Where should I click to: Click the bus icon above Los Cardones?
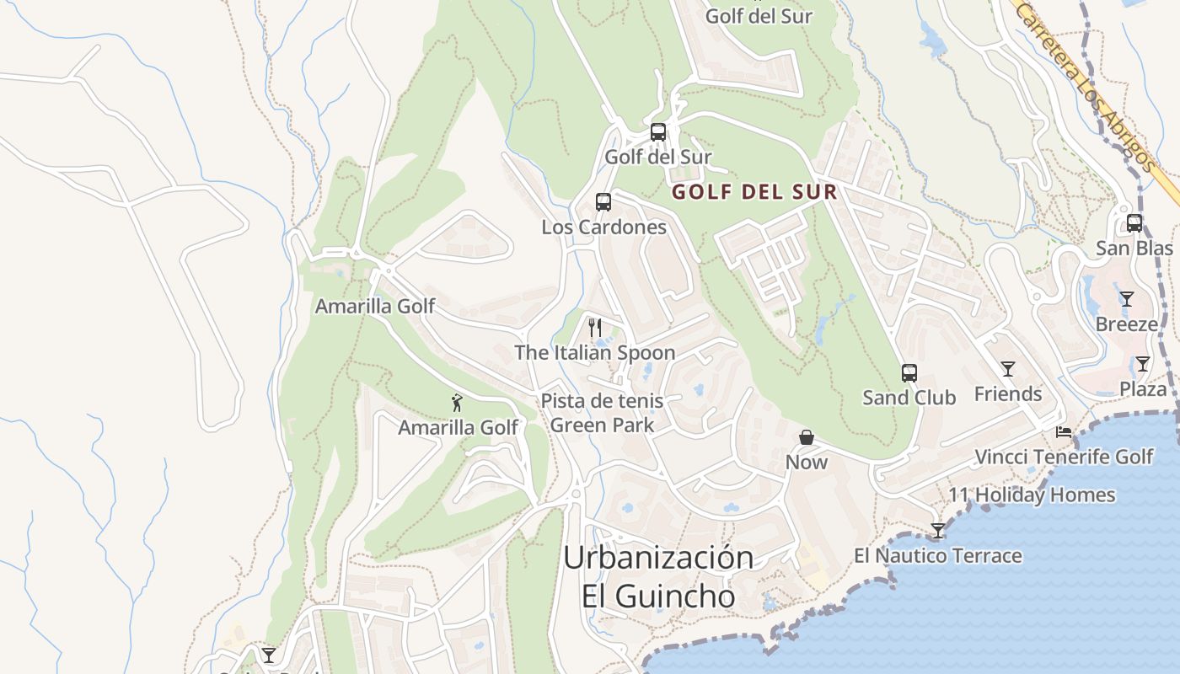(603, 202)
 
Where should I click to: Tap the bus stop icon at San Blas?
(1134, 223)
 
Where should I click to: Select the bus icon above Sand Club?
(909, 373)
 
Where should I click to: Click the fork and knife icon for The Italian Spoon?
(595, 328)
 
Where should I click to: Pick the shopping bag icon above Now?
(807, 437)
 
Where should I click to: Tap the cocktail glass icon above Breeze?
(1126, 299)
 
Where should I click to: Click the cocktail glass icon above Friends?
(1007, 369)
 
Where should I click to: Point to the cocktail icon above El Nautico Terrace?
(937, 531)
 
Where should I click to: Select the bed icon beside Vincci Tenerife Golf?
(1064, 432)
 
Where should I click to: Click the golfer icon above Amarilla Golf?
(457, 403)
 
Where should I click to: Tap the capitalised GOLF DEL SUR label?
(754, 192)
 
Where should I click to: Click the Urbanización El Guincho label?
(658, 576)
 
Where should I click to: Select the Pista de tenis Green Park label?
(602, 413)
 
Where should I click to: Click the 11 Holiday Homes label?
(1032, 495)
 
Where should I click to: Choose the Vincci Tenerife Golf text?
(1064, 457)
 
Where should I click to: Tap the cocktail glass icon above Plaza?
(1142, 364)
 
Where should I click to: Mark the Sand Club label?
(909, 398)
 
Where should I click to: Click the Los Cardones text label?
(603, 227)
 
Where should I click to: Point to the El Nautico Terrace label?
(937, 556)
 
